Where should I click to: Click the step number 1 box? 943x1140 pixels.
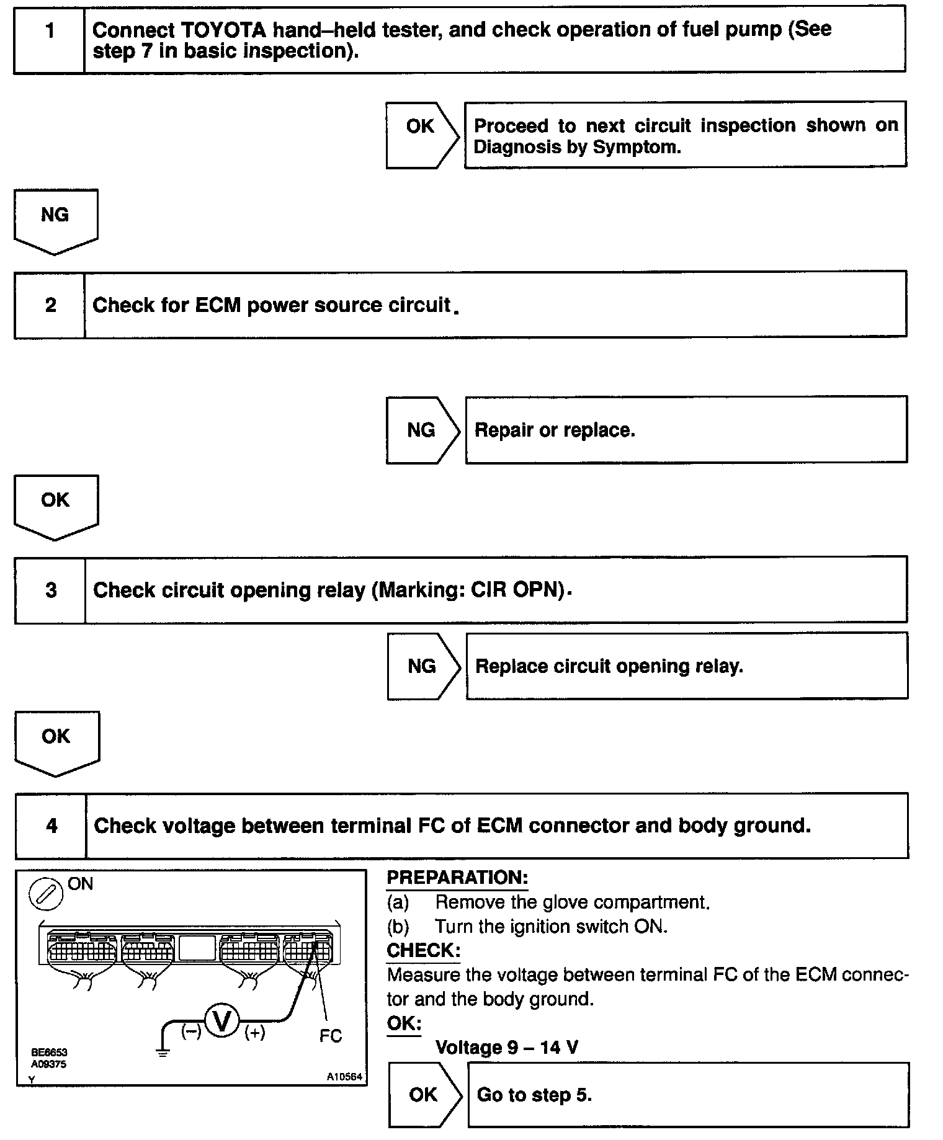click(49, 39)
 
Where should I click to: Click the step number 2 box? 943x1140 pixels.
click(50, 305)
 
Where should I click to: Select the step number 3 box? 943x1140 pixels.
click(50, 589)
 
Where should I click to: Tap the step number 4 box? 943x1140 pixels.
click(51, 826)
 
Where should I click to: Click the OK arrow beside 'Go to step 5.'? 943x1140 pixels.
click(424, 1095)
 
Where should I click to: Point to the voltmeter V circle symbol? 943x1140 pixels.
click(221, 1020)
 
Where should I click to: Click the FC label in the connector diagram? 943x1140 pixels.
click(331, 1036)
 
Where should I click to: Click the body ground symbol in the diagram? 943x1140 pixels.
click(163, 1053)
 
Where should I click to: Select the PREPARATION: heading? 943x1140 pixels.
click(457, 878)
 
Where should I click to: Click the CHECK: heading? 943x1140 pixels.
click(423, 950)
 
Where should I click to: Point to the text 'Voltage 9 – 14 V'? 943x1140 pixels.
click(506, 1048)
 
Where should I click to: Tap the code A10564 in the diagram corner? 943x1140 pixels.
click(344, 1077)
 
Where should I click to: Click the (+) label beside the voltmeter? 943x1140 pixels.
click(255, 1033)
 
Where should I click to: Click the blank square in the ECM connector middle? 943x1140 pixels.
click(197, 948)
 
